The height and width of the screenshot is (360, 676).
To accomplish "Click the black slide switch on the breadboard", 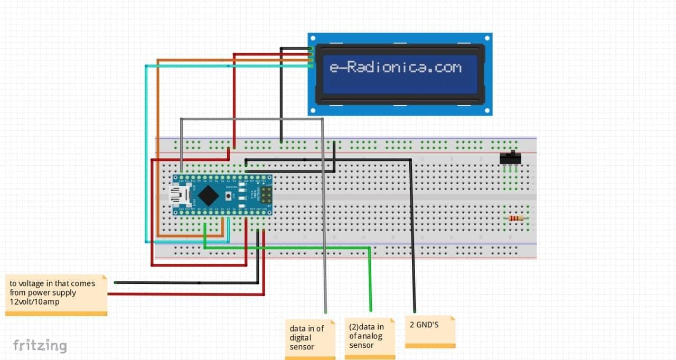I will pyautogui.click(x=510, y=158).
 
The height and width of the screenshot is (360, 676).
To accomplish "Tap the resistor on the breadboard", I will pyautogui.click(x=516, y=219).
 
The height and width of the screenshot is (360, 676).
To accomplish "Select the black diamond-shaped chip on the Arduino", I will pyautogui.click(x=210, y=196).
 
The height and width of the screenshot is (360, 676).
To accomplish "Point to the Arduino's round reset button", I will pyautogui.click(x=228, y=196).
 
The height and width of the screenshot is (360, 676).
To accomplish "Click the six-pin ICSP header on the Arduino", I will pyautogui.click(x=266, y=196).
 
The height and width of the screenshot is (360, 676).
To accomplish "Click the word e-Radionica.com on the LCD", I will pyautogui.click(x=396, y=68).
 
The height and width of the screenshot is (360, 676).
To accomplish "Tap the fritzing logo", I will pyautogui.click(x=40, y=346).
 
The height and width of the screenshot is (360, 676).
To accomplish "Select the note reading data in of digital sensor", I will pyautogui.click(x=309, y=338).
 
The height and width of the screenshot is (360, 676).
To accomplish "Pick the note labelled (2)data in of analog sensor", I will pyautogui.click(x=370, y=337).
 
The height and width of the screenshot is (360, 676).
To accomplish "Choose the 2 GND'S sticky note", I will pyautogui.click(x=430, y=330).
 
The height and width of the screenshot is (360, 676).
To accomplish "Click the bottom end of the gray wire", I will pyautogui.click(x=325, y=312).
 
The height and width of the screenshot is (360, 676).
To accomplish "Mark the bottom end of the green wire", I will pyautogui.click(x=371, y=309).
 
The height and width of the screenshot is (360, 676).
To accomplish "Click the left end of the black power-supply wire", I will pyautogui.click(x=116, y=282).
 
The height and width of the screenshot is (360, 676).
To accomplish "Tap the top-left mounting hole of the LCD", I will pyautogui.click(x=313, y=38).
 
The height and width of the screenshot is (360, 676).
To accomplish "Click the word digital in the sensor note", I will pyautogui.click(x=301, y=338).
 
